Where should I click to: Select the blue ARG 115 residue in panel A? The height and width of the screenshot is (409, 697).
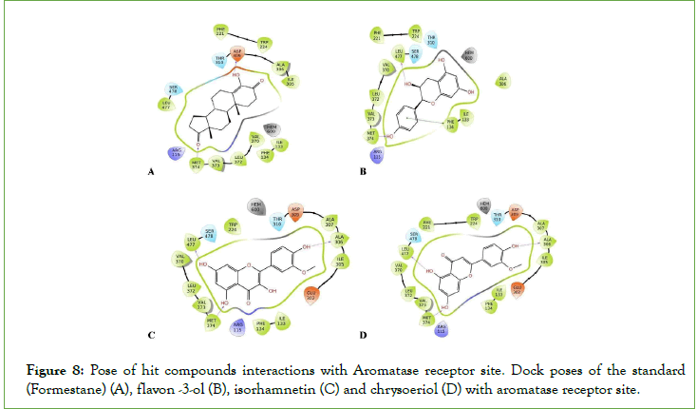tap(176, 152)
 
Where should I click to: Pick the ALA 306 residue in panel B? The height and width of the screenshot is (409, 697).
tap(502, 80)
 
